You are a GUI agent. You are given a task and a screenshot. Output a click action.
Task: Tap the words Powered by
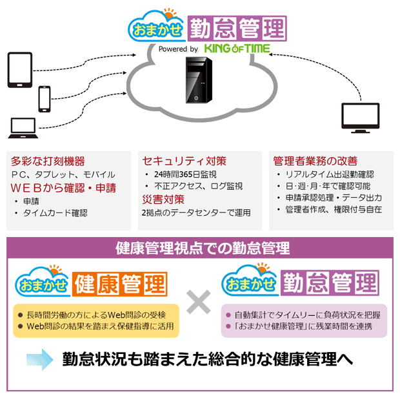179,49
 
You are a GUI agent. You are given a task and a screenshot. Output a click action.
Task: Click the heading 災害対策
163,199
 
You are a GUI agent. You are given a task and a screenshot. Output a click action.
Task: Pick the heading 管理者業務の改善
315,161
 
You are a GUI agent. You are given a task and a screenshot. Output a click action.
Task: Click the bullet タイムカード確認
55,213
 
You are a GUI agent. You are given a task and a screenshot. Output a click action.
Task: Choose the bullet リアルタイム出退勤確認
329,174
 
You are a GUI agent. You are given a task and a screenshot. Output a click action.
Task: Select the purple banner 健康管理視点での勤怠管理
199,247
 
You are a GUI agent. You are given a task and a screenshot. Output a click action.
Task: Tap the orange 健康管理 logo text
121,282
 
